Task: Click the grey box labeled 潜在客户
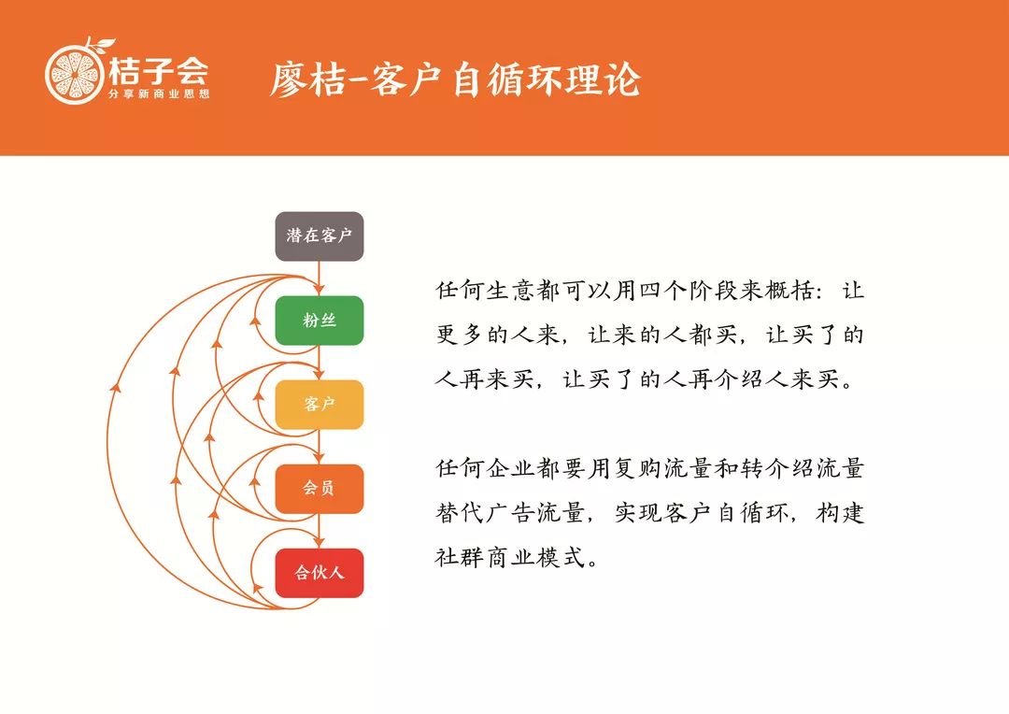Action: tap(320, 236)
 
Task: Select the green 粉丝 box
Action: tap(320, 321)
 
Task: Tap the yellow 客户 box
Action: tap(320, 405)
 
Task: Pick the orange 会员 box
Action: tap(320, 489)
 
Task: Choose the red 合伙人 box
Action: tap(320, 573)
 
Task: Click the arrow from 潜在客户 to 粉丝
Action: tap(320, 279)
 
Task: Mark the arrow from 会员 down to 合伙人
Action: tap(320, 532)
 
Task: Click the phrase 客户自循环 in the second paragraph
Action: tap(716, 513)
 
